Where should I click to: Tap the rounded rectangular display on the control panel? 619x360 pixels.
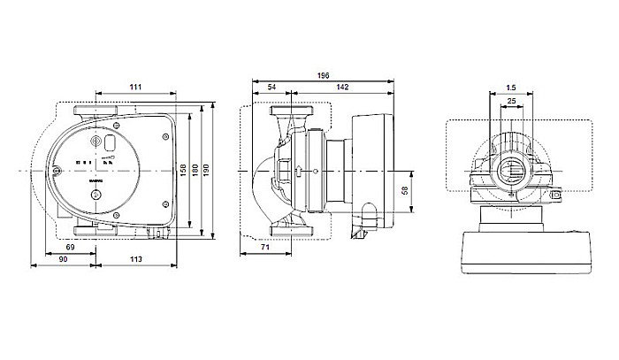(111, 142)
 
